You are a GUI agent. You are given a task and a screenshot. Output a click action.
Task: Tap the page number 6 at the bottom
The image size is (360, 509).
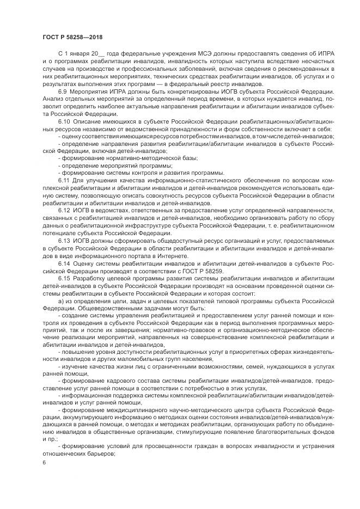(x=44, y=462)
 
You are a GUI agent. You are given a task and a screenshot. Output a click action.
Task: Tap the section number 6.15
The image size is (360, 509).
(x=65, y=277)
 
